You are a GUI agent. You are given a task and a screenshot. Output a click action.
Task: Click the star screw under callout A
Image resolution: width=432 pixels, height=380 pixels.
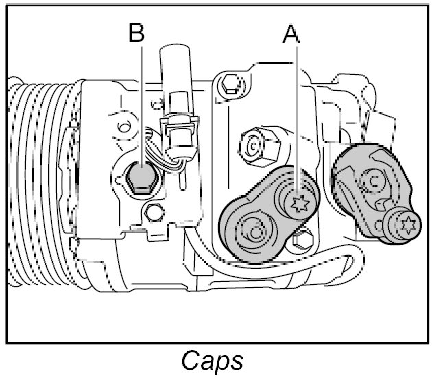tap(298, 203)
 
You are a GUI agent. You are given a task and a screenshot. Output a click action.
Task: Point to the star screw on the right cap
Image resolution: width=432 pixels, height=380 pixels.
tap(407, 223)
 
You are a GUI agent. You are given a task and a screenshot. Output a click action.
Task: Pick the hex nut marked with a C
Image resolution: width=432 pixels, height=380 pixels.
tap(253, 146)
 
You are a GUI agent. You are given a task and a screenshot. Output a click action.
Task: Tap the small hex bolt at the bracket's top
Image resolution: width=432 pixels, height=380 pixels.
tap(232, 85)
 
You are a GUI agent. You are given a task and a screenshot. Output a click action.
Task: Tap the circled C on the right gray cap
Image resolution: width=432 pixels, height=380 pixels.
tap(374, 180)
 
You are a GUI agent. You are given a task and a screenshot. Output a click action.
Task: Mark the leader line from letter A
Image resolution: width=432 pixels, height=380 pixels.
tap(296, 117)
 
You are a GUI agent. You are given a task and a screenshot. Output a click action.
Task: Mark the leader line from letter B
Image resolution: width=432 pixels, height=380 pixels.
tap(141, 103)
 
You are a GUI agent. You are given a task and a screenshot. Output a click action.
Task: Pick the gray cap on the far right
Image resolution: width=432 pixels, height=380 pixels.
tap(374, 192)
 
